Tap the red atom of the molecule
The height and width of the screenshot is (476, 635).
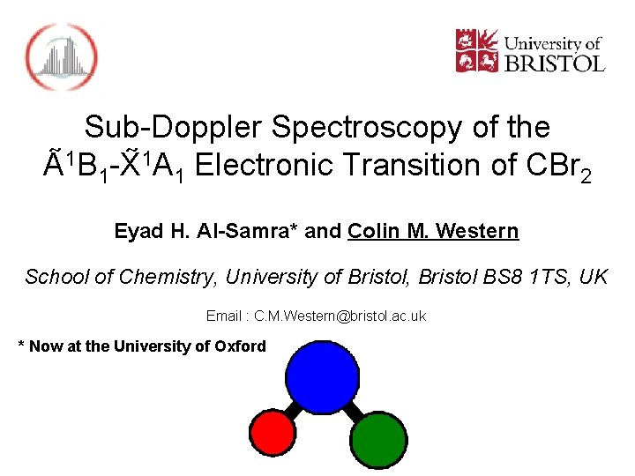coord(273,433)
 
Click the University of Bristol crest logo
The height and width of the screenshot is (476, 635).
coord(476,51)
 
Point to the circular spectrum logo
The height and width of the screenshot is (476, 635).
coord(61,56)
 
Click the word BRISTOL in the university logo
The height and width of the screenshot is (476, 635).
coord(554,63)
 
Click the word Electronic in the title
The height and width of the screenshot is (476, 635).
coord(265,166)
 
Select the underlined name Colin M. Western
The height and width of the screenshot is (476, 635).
coord(433,232)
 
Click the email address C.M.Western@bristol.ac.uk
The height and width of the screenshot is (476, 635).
coord(340,316)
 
